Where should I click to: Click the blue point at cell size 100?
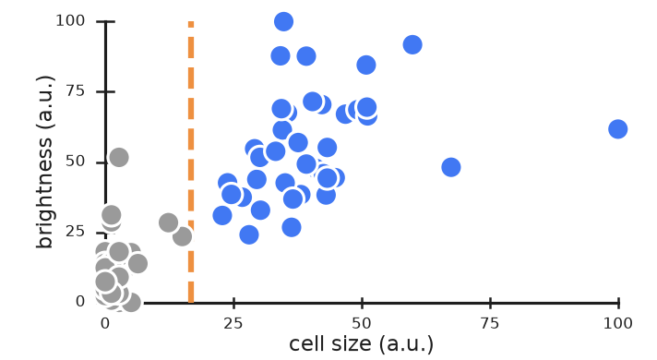[618, 129]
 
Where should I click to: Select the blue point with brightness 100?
[283, 22]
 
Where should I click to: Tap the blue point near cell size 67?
[451, 167]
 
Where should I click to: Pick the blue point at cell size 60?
[412, 45]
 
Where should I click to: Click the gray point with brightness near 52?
[119, 158]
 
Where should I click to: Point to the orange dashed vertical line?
[191, 162]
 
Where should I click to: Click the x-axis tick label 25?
[233, 324]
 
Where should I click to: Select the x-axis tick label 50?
[362, 324]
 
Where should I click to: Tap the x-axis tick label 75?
[490, 324]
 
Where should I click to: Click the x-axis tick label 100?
[618, 324]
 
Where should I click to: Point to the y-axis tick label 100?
[70, 20]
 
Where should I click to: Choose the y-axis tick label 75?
[76, 91]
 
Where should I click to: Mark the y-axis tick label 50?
[76, 162]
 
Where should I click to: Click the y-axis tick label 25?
[76, 232]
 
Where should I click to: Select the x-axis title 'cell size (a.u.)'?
[361, 344]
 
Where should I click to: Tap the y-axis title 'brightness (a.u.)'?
[45, 162]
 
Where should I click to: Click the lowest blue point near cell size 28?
[249, 234]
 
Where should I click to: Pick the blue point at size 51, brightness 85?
[366, 65]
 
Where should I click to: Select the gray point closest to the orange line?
[183, 237]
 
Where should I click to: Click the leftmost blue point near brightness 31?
[222, 215]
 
